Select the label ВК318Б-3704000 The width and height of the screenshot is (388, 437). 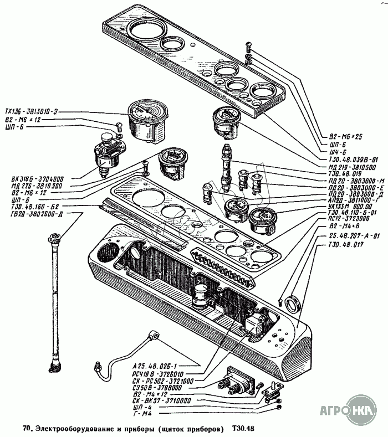coord(35,179)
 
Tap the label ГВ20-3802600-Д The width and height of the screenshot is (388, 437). coord(35,214)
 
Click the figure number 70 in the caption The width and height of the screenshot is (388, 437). coord(27,428)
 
